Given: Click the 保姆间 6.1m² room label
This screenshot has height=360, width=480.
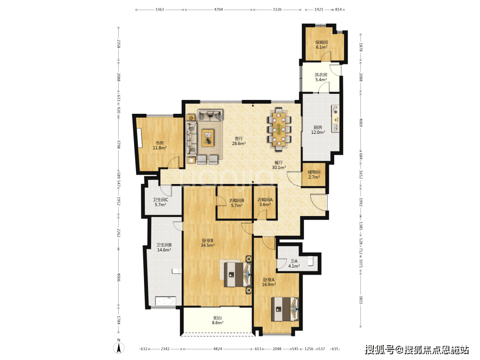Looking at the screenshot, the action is click(x=321, y=45).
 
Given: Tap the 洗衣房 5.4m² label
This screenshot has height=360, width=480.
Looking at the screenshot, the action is click(x=321, y=77).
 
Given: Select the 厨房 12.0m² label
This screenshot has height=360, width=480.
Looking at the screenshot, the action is click(x=318, y=130).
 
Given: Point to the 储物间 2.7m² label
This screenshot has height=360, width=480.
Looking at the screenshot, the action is click(x=314, y=175).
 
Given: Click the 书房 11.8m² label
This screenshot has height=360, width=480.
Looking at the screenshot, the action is click(x=160, y=145).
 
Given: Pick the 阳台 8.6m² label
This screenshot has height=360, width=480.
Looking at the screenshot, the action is click(x=217, y=320).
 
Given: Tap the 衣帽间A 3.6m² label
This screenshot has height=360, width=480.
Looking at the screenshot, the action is click(x=265, y=202).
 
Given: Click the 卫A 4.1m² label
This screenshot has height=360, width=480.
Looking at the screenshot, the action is click(x=294, y=264).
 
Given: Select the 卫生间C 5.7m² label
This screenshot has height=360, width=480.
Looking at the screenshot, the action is click(x=160, y=202).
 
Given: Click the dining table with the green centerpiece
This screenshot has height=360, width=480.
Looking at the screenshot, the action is click(x=279, y=129).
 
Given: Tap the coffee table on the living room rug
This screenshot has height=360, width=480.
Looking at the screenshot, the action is click(x=208, y=138).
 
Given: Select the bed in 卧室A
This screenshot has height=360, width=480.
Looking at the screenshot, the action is click(x=285, y=309).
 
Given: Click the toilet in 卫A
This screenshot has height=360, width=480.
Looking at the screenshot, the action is click(x=311, y=260).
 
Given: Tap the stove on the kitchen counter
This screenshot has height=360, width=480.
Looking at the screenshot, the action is click(x=336, y=110).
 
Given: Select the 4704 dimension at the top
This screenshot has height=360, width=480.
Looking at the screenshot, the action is click(x=218, y=9).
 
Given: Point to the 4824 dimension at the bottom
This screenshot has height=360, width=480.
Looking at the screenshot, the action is click(x=218, y=349).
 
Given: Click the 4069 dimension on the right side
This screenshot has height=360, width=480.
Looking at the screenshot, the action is click(x=360, y=123).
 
